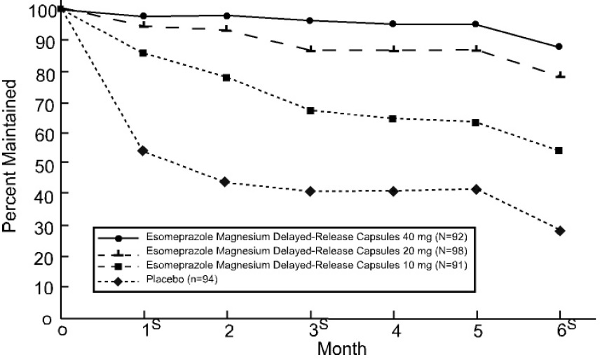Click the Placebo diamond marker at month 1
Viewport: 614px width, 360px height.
tap(143, 151)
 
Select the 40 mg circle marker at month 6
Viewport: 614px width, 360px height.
tap(559, 47)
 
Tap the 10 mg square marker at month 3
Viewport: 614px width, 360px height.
tap(311, 111)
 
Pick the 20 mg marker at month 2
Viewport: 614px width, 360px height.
tap(226, 29)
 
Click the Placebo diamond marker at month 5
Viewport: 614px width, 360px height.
tap(477, 189)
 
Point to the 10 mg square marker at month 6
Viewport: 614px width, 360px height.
tap(559, 151)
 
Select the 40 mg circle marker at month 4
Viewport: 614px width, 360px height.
tap(393, 24)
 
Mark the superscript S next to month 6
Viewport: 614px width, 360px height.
tap(571, 324)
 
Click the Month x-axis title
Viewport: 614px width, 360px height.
tap(341, 348)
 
